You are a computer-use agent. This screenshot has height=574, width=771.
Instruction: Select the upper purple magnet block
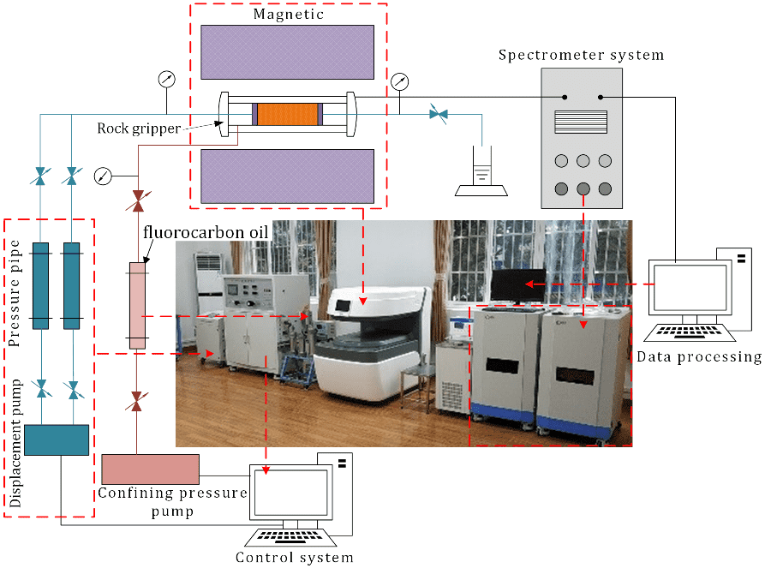(x=287, y=52)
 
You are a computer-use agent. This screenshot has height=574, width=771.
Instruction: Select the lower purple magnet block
(x=287, y=176)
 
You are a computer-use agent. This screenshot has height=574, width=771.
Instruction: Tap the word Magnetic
(x=287, y=15)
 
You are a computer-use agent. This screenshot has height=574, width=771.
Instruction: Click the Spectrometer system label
(x=581, y=55)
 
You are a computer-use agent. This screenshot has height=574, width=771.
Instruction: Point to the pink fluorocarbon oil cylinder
(x=137, y=305)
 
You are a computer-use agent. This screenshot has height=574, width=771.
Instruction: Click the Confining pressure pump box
(x=150, y=469)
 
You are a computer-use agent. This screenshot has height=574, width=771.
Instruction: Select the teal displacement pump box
(x=57, y=439)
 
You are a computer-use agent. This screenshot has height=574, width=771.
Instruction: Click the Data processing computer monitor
(x=690, y=288)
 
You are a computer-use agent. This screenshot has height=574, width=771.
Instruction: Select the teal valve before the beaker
(x=439, y=113)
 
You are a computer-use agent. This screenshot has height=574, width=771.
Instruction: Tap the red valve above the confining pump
(x=136, y=399)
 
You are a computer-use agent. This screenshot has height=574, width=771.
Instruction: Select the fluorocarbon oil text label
(x=206, y=232)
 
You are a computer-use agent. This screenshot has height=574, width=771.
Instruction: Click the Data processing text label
(x=699, y=356)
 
